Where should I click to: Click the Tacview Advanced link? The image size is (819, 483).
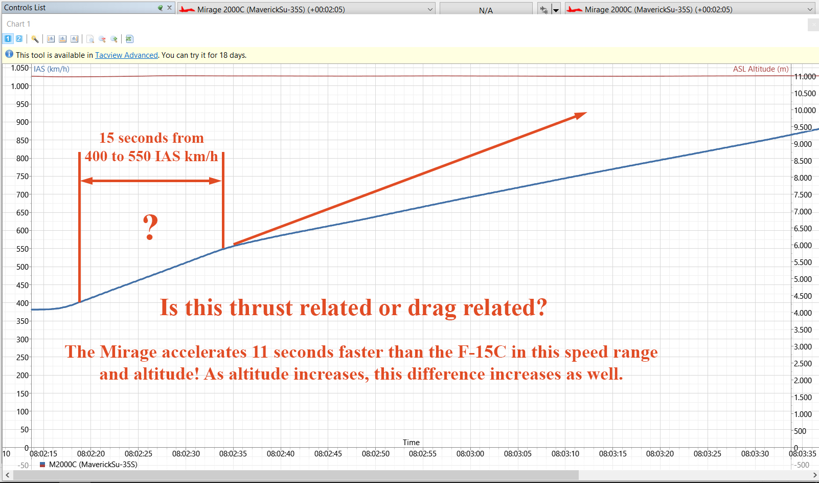pos(126,55)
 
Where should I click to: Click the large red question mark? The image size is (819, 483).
pos(150,227)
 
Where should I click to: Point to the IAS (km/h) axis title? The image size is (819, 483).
pos(51,69)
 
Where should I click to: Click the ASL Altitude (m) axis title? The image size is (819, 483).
pos(761,69)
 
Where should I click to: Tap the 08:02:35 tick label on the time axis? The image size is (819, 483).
pos(233,454)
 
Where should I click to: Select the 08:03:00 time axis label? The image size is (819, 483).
pos(470,454)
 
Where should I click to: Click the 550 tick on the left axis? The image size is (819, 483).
pos(22,249)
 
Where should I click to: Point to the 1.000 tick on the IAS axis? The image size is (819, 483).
pos(20,86)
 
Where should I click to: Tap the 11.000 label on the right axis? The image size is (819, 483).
pos(805,76)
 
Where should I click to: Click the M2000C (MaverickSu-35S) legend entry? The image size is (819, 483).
pos(88,465)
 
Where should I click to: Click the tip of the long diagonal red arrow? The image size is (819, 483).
pos(587,113)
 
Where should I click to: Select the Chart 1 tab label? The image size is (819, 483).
pos(18,24)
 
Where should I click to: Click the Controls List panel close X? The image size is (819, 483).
pos(169,7)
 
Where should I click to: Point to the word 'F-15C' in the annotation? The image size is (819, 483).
pos(482,352)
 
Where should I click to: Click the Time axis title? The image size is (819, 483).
pos(411,443)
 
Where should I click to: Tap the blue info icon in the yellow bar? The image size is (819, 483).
pos(9,55)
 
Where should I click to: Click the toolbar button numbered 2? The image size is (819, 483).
pos(19,39)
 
